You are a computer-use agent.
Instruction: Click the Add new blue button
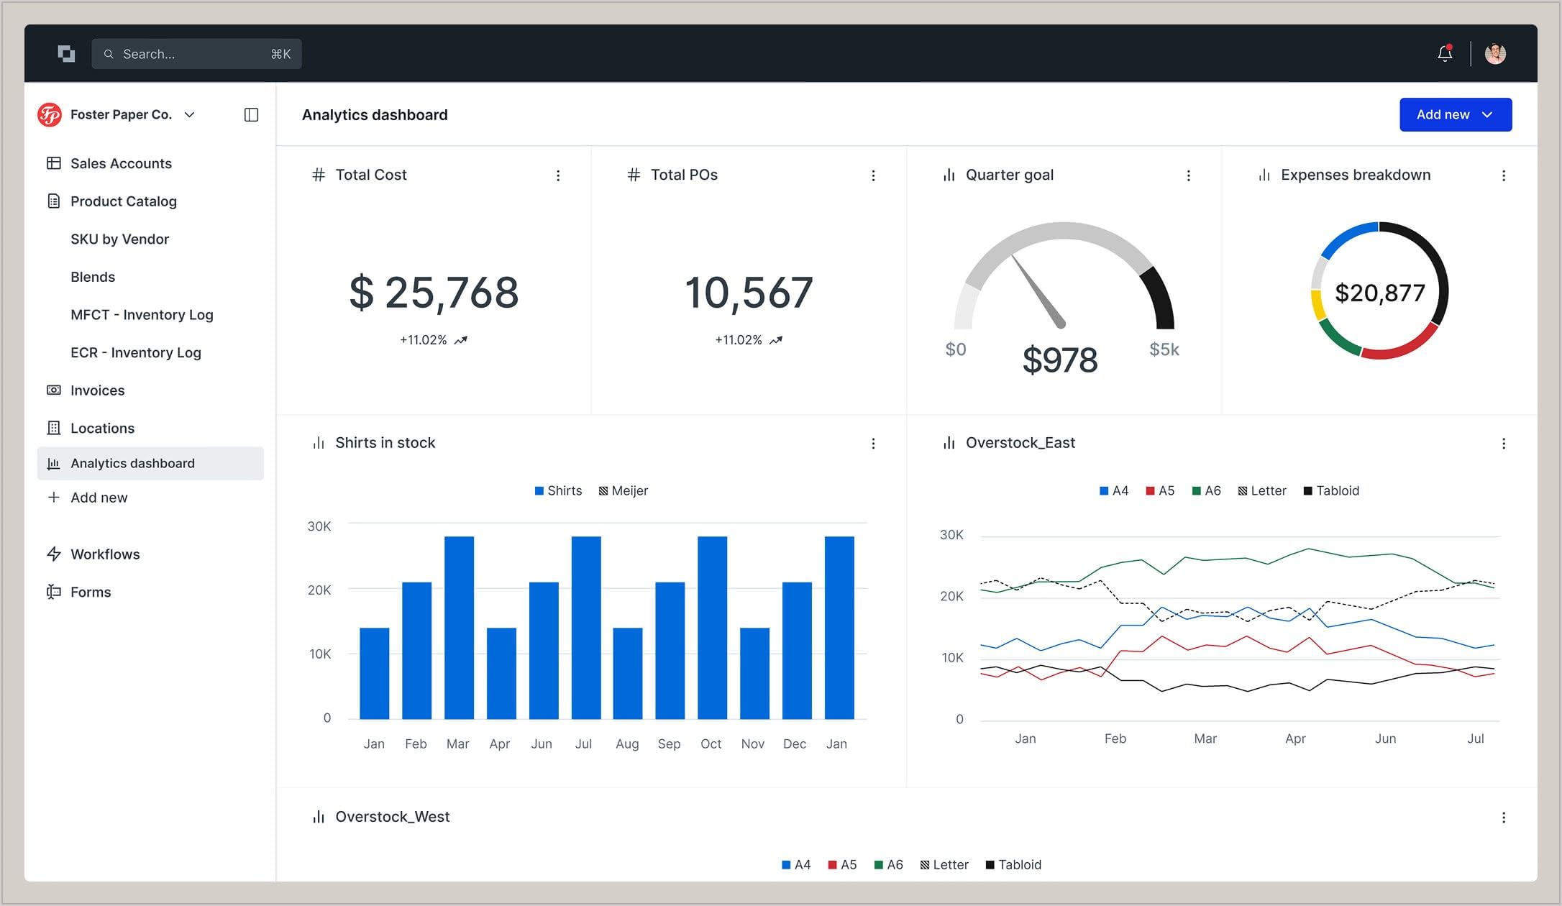[1455, 115]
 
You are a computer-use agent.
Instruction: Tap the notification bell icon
[1445, 53]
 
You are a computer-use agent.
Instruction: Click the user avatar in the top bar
[1495, 54]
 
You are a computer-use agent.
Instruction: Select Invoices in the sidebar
[97, 390]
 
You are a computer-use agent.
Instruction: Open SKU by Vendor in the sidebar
[119, 239]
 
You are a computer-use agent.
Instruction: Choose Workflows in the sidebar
[105, 554]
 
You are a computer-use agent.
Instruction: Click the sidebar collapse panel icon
[251, 115]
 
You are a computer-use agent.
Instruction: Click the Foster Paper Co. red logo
[50, 115]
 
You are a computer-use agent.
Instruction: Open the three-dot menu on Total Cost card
[558, 175]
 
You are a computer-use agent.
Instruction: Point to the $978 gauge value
[1060, 360]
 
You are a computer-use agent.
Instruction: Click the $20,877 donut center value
[1379, 293]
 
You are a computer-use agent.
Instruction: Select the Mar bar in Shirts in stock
[459, 627]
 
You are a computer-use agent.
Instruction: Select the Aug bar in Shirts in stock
[627, 673]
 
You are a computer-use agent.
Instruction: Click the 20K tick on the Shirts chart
[319, 590]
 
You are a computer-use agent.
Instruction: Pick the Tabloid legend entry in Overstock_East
[1331, 490]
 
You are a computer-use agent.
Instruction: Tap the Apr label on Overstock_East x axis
[1295, 738]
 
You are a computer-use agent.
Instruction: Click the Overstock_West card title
[392, 817]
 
